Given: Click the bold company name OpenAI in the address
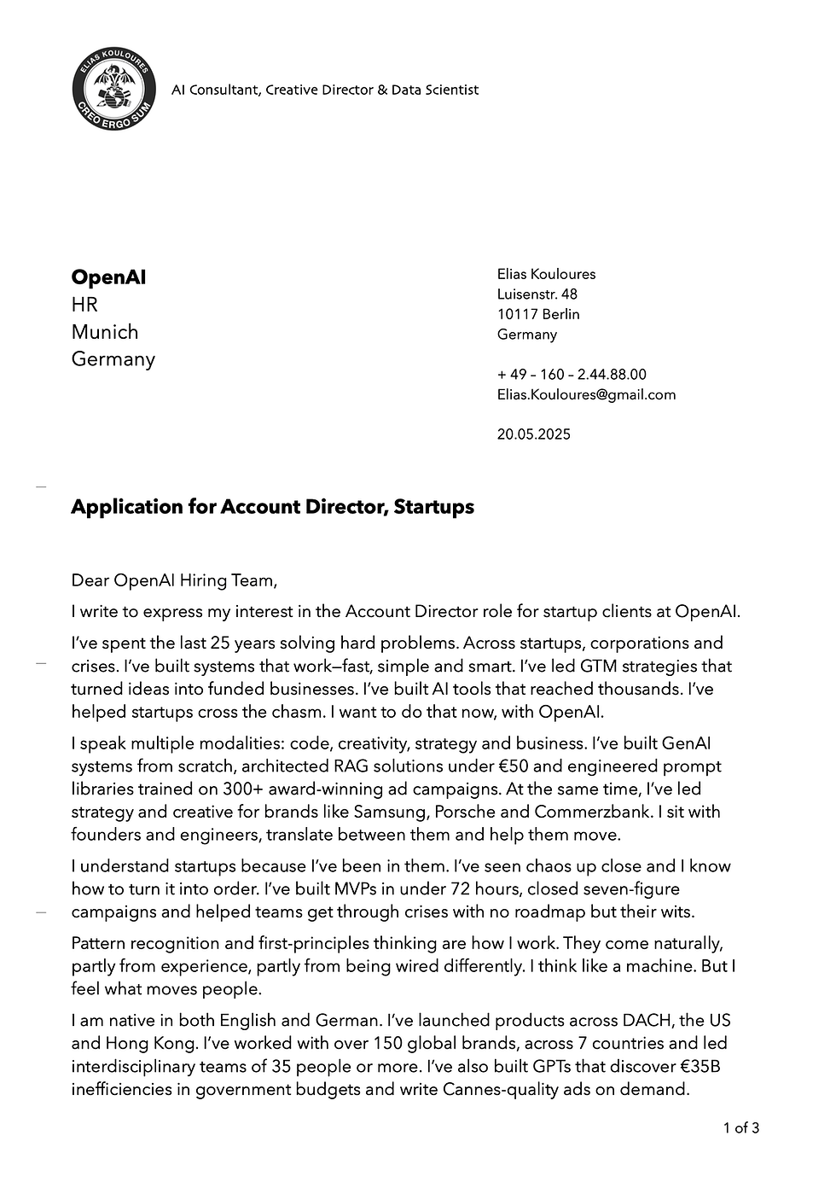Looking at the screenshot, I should [108, 277].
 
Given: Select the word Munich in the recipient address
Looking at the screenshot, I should [105, 332].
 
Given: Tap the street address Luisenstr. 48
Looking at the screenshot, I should [537, 294].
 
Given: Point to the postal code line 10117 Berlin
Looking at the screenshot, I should [538, 314].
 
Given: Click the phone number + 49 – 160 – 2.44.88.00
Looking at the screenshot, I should [572, 375].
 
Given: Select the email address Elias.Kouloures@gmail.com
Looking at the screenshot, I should [586, 394].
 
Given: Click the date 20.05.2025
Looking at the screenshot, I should [534, 434].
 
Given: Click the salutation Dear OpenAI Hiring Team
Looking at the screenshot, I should [174, 581].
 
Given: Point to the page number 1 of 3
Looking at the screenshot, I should [741, 1128].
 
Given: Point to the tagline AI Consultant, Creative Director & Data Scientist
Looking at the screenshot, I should [325, 90].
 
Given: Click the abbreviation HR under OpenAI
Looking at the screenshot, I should [84, 305].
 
